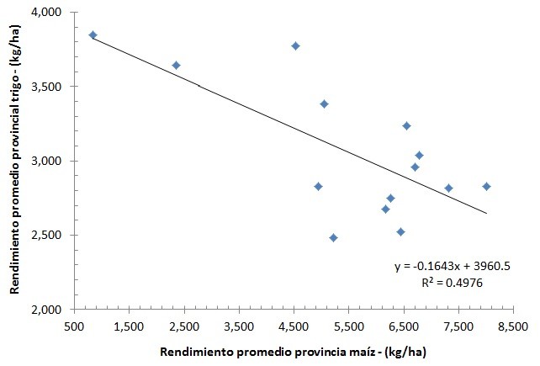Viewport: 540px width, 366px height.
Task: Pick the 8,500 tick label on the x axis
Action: [x=512, y=324]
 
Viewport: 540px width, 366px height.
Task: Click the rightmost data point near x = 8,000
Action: [x=486, y=186]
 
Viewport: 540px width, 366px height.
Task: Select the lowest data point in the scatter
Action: [x=333, y=237]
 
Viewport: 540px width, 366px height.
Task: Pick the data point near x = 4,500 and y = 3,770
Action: [x=295, y=45]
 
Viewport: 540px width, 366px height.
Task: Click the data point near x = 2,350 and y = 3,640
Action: [x=176, y=65]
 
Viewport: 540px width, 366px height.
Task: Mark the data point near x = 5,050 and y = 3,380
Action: [x=324, y=103]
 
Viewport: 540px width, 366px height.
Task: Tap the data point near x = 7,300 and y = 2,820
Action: [x=448, y=188]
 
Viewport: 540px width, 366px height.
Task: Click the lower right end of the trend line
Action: [x=486, y=213]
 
